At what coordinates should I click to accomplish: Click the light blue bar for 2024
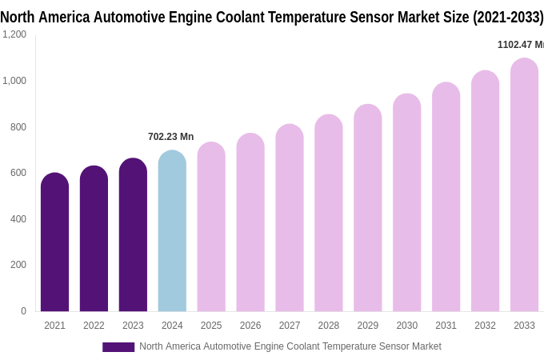coord(172,232)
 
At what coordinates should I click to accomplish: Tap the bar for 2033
coord(524,186)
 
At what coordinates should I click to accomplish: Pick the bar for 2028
coord(328,214)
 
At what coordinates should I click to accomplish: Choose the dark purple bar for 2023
coord(133,235)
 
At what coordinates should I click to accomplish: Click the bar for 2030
coord(406,203)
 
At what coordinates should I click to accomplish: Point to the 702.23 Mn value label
coord(170,137)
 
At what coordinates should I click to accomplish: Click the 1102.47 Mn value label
coord(521,45)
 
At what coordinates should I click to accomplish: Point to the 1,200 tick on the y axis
coord(14,34)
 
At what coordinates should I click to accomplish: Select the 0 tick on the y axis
coord(23,311)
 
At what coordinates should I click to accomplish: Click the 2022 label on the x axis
coord(94,326)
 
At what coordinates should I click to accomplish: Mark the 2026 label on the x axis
coord(250,326)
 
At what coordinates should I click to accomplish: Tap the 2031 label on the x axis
coord(446,326)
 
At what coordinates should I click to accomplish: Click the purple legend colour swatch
coord(118,347)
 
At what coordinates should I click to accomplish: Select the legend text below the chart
coord(290,346)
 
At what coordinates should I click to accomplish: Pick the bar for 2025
coord(211,227)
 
